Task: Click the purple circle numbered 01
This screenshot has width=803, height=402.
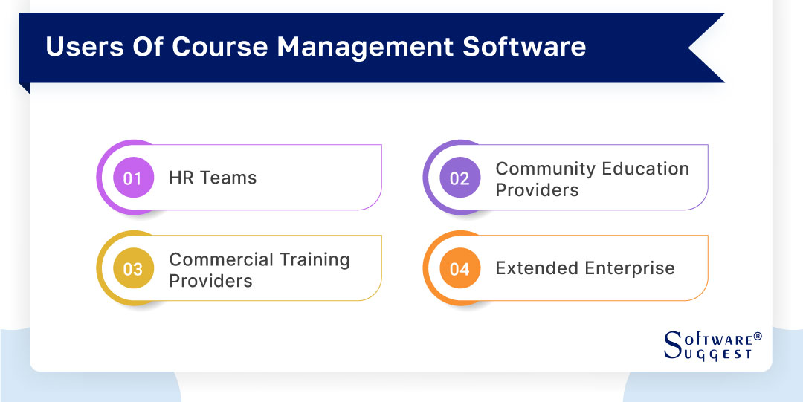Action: pyautogui.click(x=133, y=178)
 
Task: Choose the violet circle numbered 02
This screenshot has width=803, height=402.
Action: pyautogui.click(x=459, y=178)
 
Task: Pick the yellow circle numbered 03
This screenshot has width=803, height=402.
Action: pyautogui.click(x=133, y=269)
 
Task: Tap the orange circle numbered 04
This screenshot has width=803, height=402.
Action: pyautogui.click(x=459, y=269)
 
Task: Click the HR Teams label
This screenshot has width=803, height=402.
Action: pyautogui.click(x=213, y=178)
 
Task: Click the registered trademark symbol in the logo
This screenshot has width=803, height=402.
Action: pyautogui.click(x=758, y=337)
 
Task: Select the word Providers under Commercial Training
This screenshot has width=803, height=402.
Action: pyautogui.click(x=210, y=281)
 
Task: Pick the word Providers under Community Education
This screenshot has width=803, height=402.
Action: pyautogui.click(x=537, y=190)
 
